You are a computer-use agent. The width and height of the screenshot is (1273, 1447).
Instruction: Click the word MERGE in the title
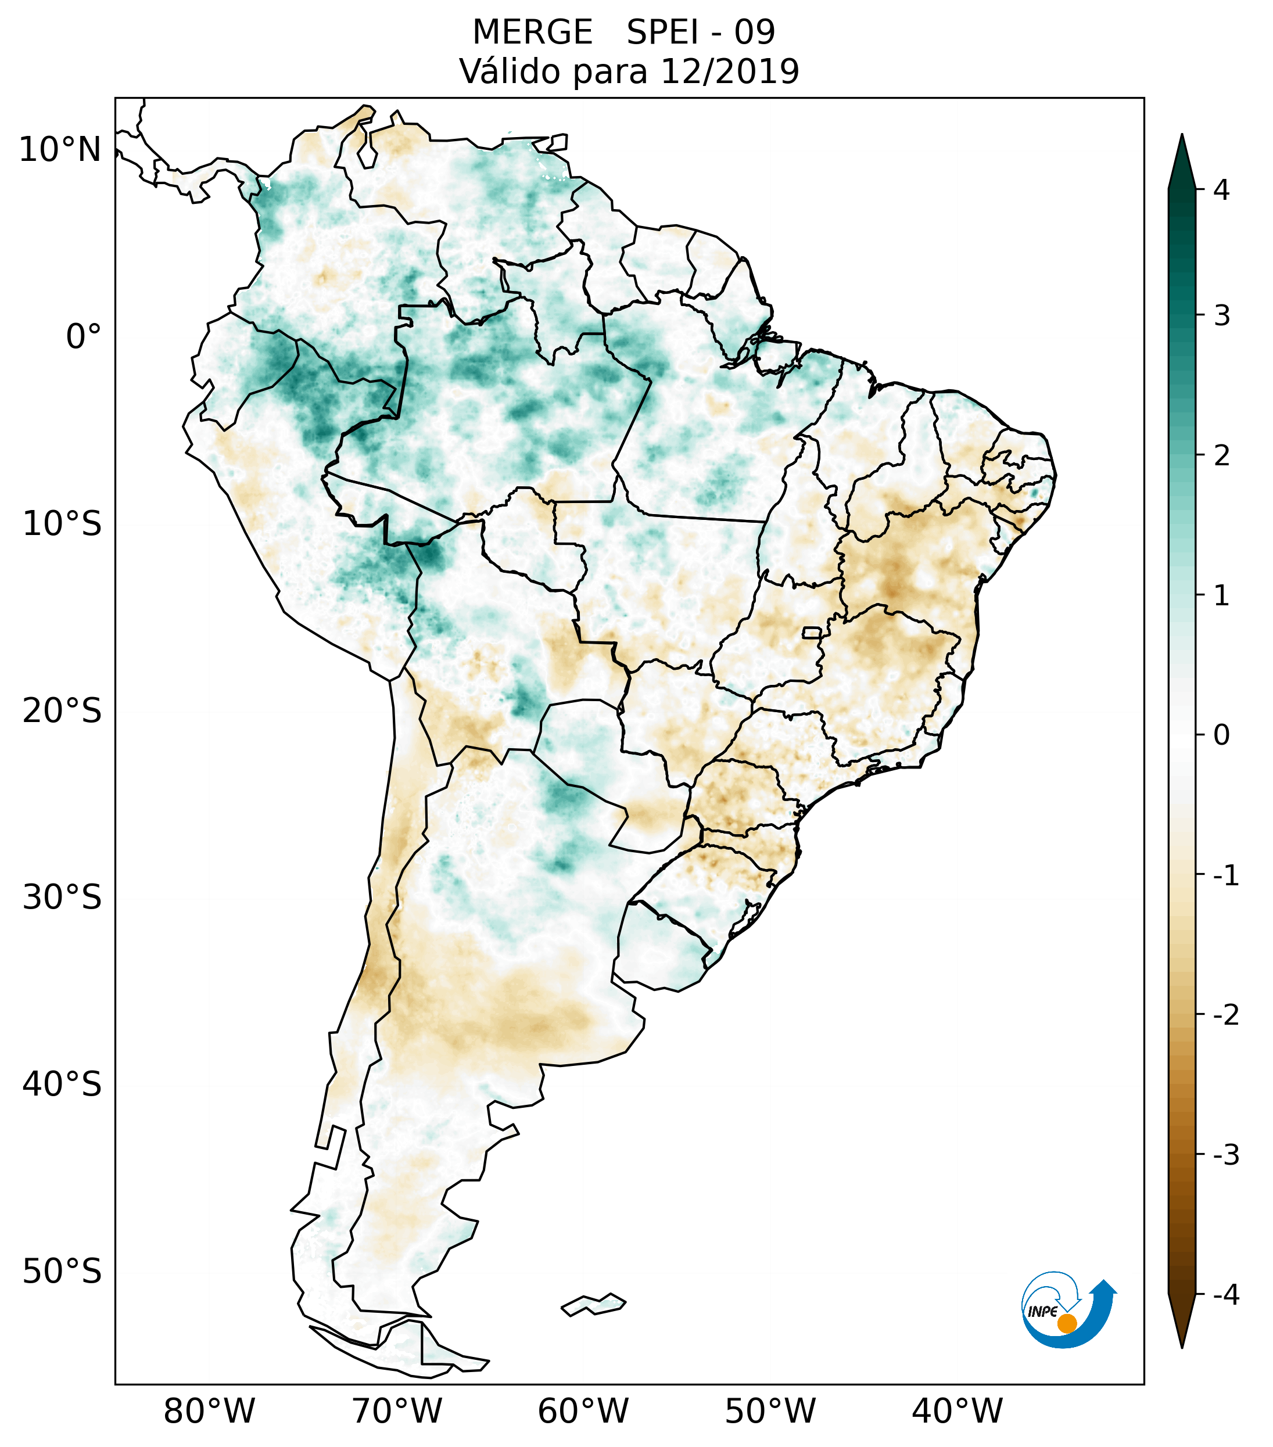[532, 33]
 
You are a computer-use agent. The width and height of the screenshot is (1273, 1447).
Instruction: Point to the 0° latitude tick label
[84, 337]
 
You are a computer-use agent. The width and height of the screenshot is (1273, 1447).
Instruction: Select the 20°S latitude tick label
[62, 711]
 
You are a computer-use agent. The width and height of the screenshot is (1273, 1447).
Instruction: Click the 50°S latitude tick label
[62, 1272]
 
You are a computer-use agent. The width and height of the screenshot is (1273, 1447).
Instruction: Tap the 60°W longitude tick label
[583, 1412]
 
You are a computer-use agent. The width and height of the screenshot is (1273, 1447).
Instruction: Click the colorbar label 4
[1221, 190]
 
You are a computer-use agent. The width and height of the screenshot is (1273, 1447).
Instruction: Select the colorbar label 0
[1221, 735]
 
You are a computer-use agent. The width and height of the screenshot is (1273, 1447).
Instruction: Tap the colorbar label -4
[1225, 1295]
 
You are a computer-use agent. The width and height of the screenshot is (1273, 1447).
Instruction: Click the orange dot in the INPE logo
[1067, 1323]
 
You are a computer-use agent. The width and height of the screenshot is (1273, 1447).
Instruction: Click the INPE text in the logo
[1042, 1312]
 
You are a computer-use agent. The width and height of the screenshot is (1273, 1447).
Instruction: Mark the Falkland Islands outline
[593, 1304]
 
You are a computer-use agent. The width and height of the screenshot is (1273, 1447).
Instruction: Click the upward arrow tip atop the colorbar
[1182, 138]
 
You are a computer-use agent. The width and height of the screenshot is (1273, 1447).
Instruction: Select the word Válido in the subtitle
[510, 71]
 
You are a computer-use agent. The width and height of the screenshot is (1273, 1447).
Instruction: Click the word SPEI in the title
[661, 33]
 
